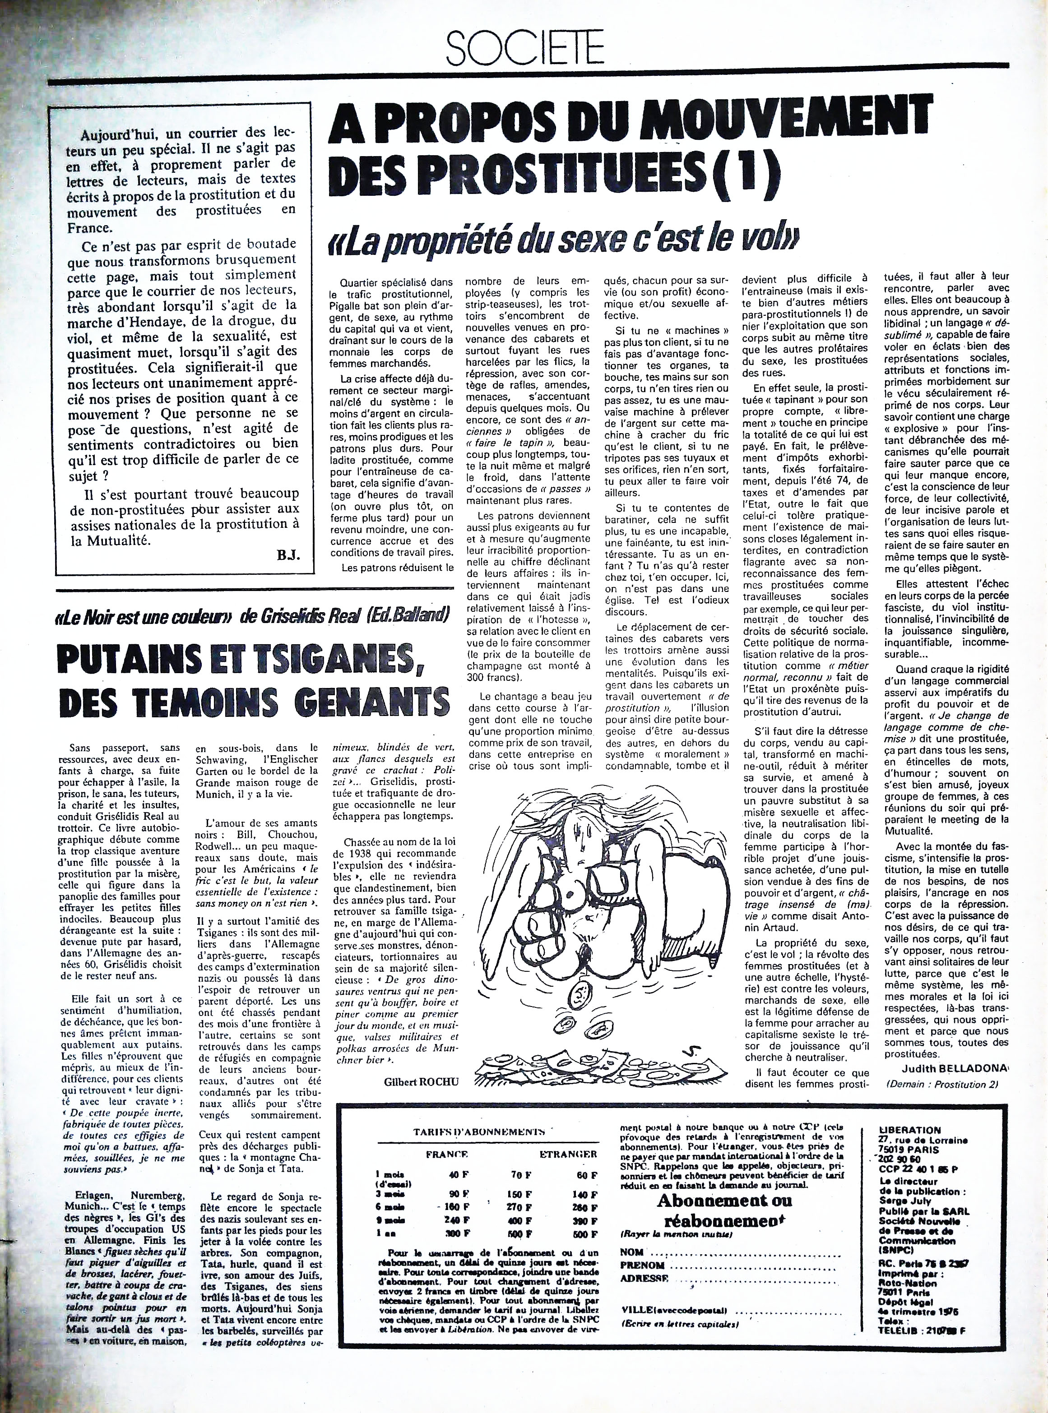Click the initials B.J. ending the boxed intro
coord(288,556)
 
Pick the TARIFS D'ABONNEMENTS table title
coord(480,1131)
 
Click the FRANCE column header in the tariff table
coord(447,1154)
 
